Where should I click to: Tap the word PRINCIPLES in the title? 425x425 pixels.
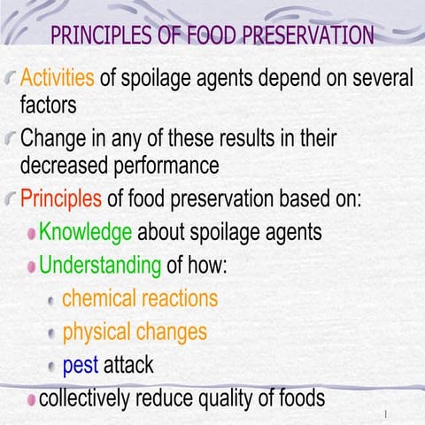(104, 36)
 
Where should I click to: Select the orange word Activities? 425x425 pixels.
(57, 77)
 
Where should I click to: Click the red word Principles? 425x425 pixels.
(58, 197)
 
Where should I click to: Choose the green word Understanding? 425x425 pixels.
(100, 264)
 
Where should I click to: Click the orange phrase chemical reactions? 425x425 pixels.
(139, 297)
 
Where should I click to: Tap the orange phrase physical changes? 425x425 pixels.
(135, 332)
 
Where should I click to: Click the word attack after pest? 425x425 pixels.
(128, 364)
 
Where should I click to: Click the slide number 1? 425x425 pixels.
(387, 414)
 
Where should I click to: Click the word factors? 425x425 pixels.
(50, 106)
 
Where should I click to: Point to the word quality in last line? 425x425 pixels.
(235, 398)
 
